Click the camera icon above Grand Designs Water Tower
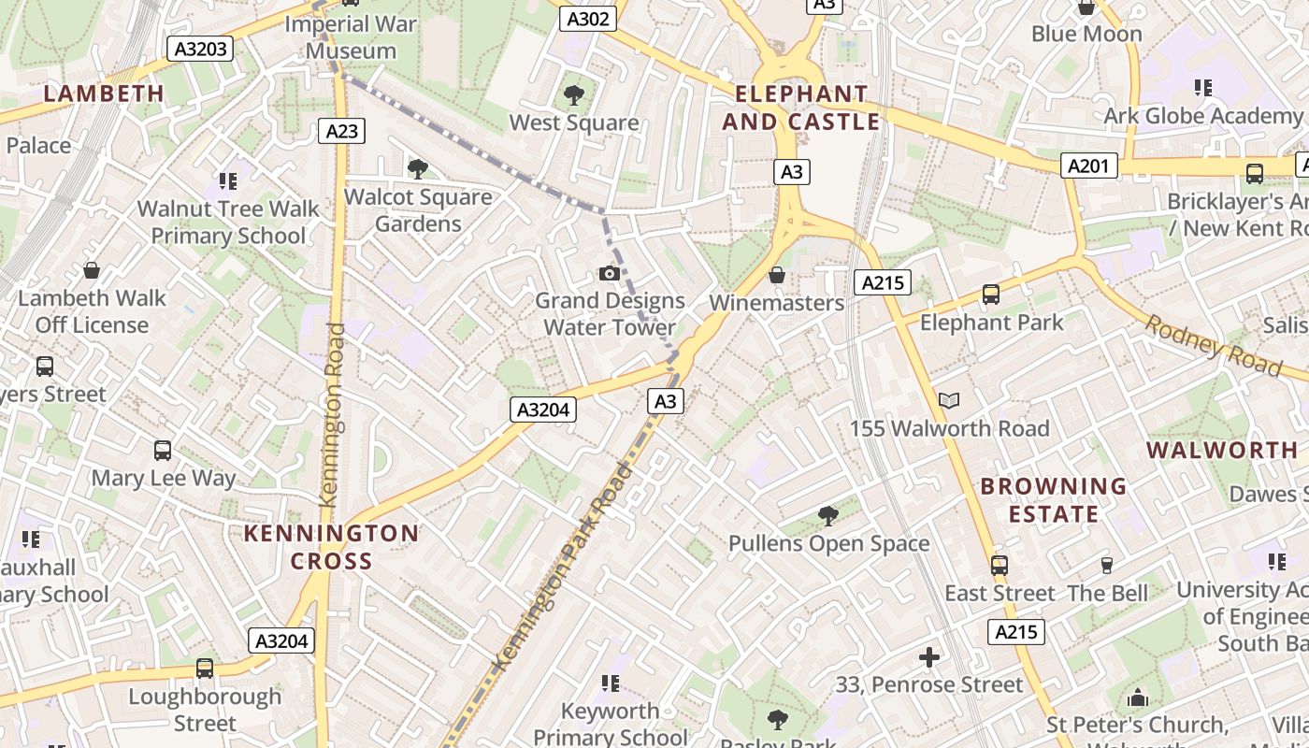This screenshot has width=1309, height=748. [x=609, y=273]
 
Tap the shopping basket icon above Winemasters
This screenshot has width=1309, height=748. [x=776, y=275]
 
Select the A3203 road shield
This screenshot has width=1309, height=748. [x=200, y=49]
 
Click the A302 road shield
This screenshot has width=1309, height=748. [x=588, y=19]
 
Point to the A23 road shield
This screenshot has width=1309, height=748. [x=341, y=131]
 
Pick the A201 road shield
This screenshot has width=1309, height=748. [x=1090, y=166]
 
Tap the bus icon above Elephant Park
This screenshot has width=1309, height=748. [x=991, y=295]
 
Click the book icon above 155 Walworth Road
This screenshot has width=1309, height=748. [x=949, y=401]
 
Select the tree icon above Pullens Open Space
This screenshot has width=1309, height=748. [x=827, y=515]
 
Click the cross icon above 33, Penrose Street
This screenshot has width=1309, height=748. [x=928, y=657]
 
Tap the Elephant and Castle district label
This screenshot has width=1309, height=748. [x=801, y=108]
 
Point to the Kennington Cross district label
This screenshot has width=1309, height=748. [x=331, y=547]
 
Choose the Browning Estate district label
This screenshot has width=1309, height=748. [x=1053, y=499]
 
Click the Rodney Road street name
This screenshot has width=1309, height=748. [x=1214, y=344]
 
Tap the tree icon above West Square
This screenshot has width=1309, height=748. [x=574, y=94]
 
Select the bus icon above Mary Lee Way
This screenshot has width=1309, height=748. [x=163, y=451]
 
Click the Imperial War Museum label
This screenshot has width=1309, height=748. [x=351, y=37]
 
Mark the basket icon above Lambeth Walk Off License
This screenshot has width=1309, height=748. [x=92, y=271]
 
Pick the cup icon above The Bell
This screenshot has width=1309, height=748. [x=1107, y=565]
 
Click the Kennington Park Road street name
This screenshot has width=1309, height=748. [x=561, y=567]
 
